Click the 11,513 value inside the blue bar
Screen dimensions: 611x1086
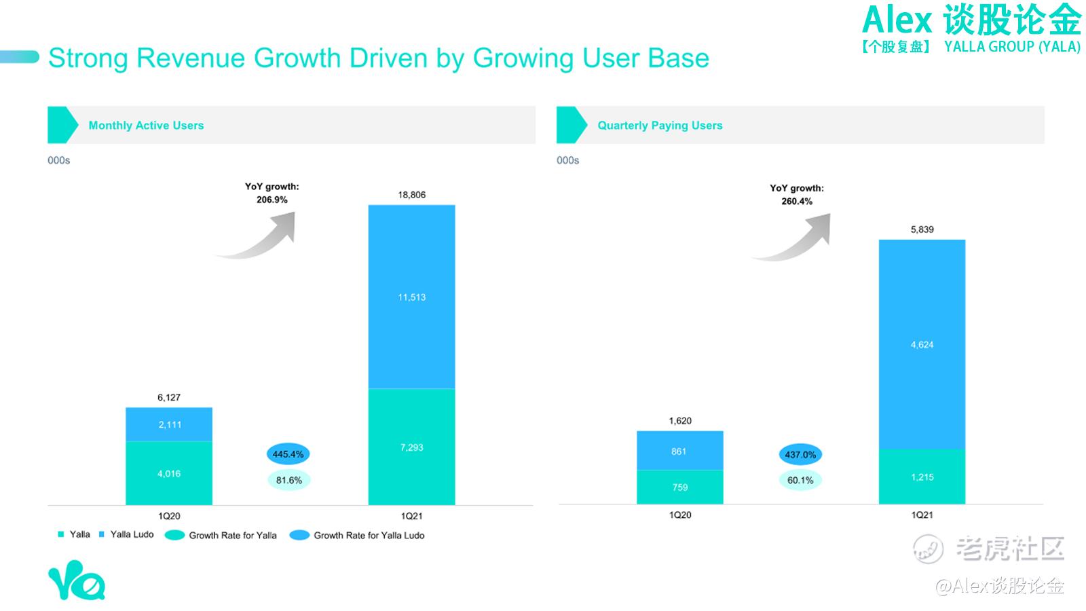point(412,297)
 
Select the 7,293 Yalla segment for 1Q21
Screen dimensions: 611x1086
point(412,447)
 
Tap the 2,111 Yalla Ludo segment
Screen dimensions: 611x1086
point(169,425)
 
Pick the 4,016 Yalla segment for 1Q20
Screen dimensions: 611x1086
point(169,474)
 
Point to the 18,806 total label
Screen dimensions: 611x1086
point(412,195)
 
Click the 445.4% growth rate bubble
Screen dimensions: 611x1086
point(288,454)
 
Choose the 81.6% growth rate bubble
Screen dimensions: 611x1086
point(288,481)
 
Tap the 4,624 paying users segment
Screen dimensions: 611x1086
point(922,345)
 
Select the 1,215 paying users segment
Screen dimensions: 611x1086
point(922,477)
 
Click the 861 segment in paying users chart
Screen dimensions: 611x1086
point(679,451)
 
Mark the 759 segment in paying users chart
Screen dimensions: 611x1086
point(679,487)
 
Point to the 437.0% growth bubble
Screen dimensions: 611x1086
point(800,455)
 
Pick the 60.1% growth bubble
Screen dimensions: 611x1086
point(800,481)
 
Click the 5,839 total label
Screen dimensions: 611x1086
point(922,229)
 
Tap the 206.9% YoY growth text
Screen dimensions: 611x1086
point(271,200)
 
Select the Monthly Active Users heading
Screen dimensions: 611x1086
point(146,126)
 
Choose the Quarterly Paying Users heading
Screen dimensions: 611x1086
point(660,126)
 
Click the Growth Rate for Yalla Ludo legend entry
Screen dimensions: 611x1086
point(357,536)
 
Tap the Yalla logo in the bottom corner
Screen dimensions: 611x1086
point(76,581)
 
